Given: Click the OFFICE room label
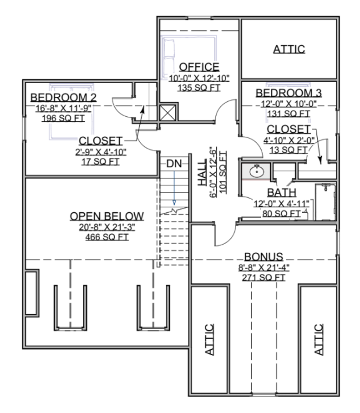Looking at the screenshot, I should point(199,67).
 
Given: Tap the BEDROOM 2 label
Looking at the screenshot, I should point(64,97).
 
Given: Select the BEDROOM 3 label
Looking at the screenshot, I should point(288,93).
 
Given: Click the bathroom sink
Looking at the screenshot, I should point(256,172).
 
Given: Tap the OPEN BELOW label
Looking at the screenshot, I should point(107,216).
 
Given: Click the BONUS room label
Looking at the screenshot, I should point(264,256).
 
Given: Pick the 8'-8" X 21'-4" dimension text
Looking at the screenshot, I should point(264,267).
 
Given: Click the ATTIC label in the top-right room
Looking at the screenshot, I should point(289,49).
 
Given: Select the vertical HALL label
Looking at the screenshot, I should point(202,172).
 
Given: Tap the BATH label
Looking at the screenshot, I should point(282,193).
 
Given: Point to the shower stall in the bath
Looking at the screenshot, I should point(325,202).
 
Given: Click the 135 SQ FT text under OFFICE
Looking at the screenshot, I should point(199,88).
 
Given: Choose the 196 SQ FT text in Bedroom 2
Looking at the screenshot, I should point(63,118).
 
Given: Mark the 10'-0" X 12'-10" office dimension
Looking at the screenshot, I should point(199,78).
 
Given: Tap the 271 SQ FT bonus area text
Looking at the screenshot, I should point(264,278).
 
